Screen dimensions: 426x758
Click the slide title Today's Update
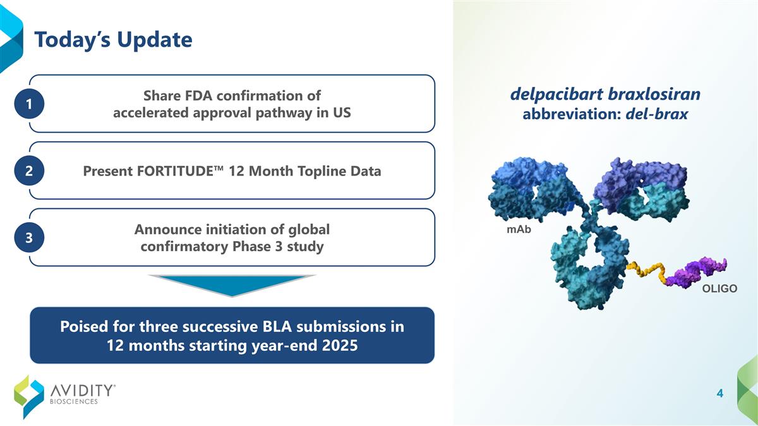[x=113, y=40]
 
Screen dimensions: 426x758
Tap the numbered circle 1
[x=30, y=105]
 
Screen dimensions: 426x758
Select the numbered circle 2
[x=30, y=171]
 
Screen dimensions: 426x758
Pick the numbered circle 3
[x=30, y=237]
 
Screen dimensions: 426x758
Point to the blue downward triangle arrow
[x=232, y=285]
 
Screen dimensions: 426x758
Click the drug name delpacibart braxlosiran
[x=605, y=95]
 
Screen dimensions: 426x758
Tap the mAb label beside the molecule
[x=519, y=230]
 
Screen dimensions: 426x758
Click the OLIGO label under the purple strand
[x=719, y=288]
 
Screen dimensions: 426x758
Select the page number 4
[x=719, y=394]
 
